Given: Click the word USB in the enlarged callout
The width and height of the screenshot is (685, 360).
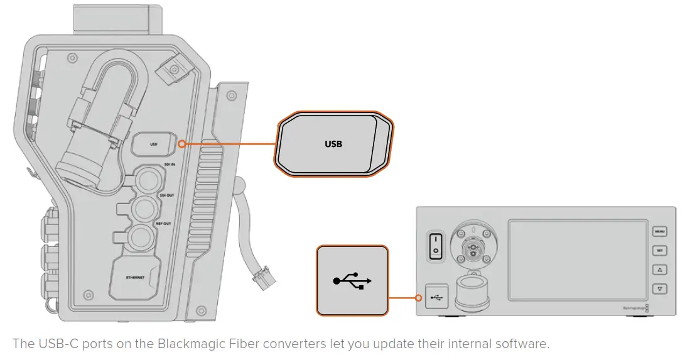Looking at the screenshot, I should click(333, 144).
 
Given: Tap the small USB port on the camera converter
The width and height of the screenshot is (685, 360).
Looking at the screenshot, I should click(154, 145).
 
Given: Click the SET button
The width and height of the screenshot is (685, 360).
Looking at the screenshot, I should click(659, 250).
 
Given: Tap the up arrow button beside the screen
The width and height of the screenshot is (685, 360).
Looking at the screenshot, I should click(659, 270).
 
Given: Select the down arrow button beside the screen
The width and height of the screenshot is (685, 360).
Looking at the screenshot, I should click(659, 289).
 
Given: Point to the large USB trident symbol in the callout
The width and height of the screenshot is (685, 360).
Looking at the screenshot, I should click(352, 280).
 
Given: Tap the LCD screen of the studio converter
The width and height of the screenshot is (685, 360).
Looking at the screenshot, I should click(576, 259).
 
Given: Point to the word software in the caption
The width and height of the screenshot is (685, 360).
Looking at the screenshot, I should click(519, 344).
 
